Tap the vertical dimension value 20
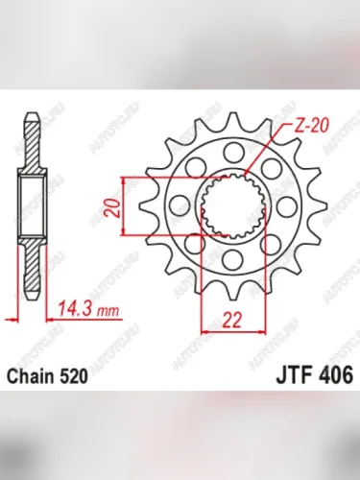[x=113, y=209]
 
